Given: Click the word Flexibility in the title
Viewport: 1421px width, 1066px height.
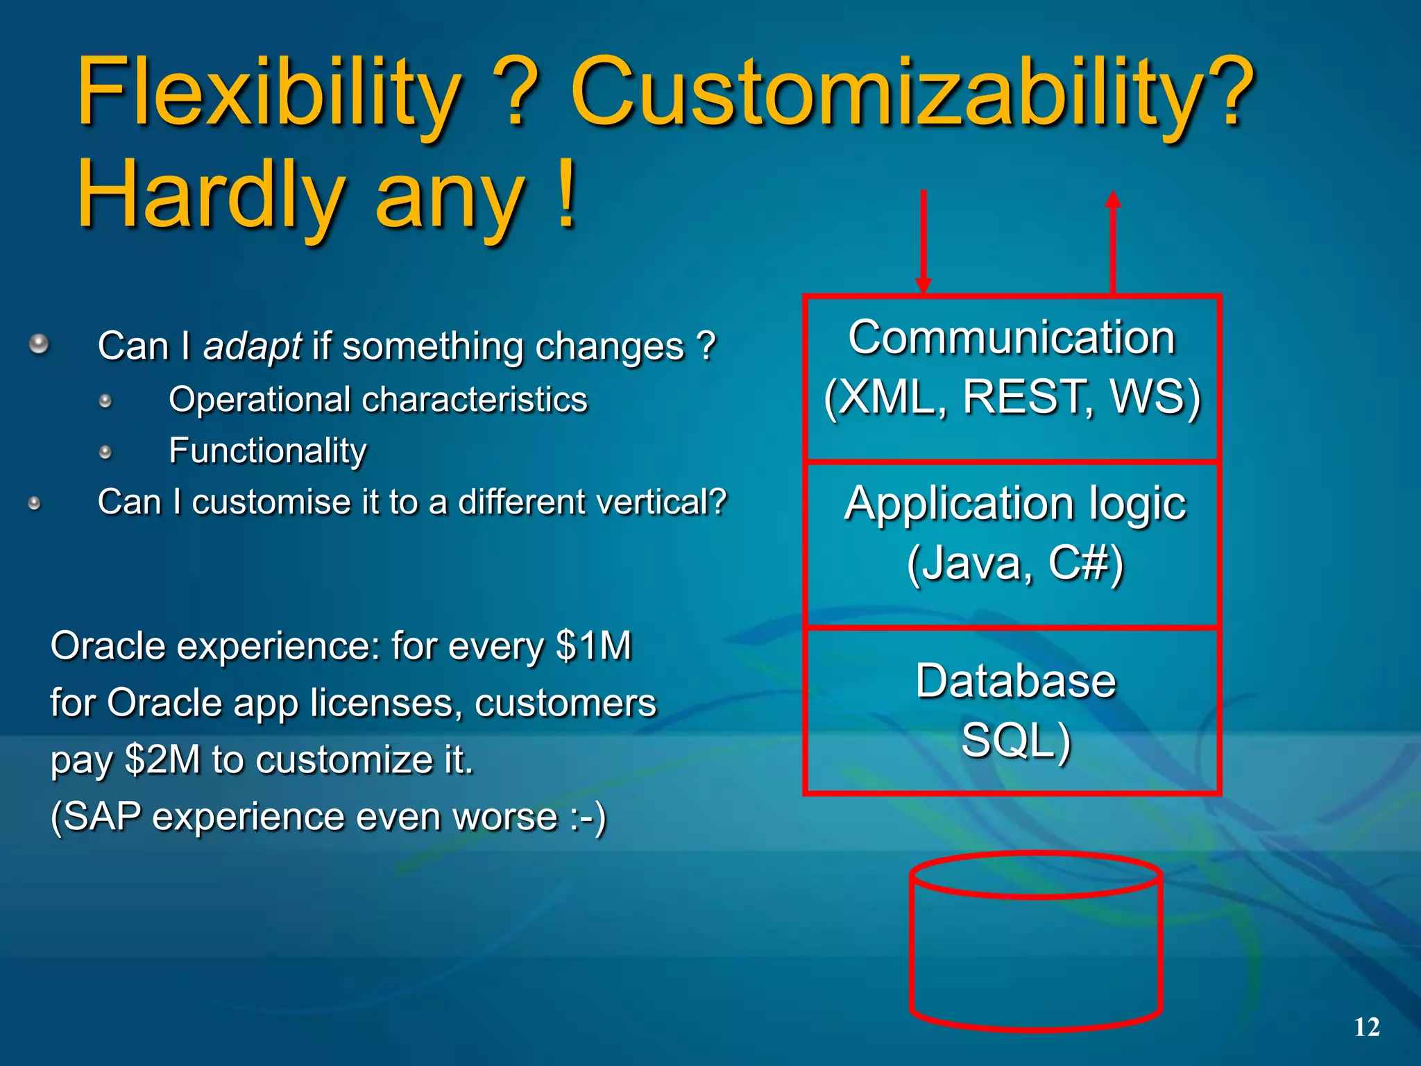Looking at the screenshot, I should click(x=267, y=94).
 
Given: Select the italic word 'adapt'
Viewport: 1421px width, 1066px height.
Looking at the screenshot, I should click(x=252, y=346).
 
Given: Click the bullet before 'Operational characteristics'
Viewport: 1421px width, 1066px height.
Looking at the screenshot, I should click(x=105, y=401).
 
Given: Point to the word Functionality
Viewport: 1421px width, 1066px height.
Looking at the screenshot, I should click(x=268, y=451).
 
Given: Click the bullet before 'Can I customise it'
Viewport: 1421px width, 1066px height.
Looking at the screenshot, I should click(x=35, y=504).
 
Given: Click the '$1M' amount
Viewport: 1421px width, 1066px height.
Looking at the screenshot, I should click(x=594, y=646).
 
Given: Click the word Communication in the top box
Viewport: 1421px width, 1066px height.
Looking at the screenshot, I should click(x=1012, y=338).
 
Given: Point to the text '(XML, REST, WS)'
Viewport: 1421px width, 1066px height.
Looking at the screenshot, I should click(x=1012, y=398).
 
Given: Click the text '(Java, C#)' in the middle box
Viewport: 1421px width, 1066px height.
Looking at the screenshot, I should click(x=1014, y=563).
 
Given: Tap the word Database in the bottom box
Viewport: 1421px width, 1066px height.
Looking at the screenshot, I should click(x=1015, y=681).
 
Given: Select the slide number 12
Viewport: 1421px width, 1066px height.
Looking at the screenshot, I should click(x=1367, y=1027).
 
